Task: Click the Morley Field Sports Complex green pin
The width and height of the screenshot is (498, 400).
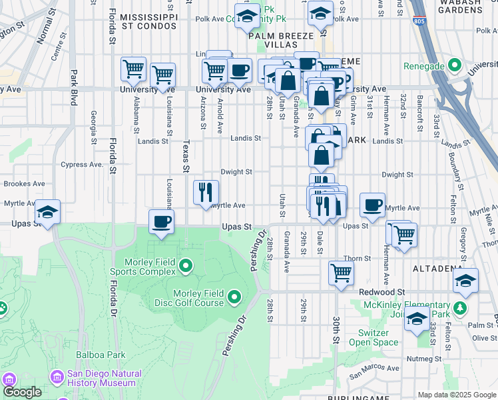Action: point(186,268)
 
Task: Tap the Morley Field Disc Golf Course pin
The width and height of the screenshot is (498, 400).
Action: point(234,296)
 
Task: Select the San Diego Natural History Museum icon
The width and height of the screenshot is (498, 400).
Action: point(57,378)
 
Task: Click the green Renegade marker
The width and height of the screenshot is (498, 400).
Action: point(455,66)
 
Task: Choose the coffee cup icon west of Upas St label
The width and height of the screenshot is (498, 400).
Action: point(161,223)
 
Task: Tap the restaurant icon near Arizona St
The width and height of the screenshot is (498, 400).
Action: point(206,192)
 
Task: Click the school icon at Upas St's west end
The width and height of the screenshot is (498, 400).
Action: point(47,212)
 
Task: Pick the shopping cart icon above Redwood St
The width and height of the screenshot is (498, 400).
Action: point(341,272)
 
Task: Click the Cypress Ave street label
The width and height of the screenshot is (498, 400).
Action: point(81,165)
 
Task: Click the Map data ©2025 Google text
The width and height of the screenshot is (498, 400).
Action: point(456,395)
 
